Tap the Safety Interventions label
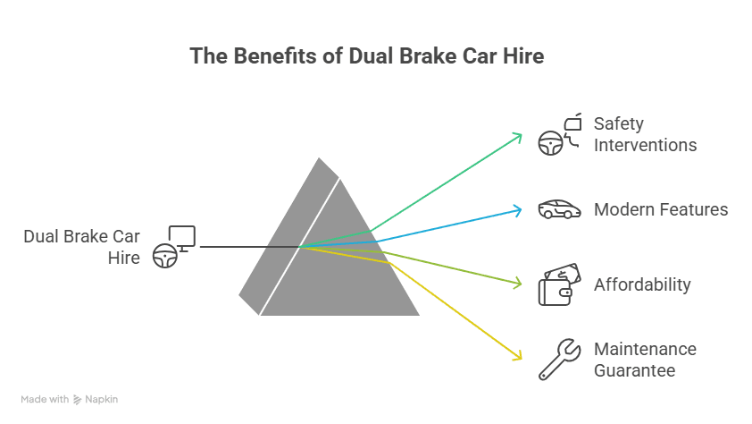click(x=645, y=134)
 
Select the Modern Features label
click(x=661, y=209)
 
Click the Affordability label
click(x=642, y=284)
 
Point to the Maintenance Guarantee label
click(x=645, y=360)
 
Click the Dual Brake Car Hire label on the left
click(x=83, y=247)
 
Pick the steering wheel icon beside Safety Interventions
click(x=549, y=144)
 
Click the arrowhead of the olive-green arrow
click(x=518, y=284)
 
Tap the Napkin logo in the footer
click(x=96, y=400)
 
